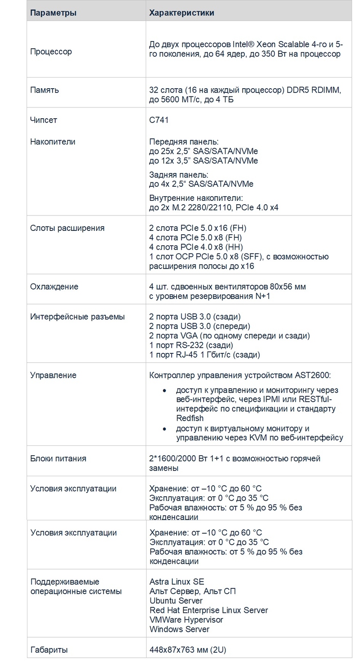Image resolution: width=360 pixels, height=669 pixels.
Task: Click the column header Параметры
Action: click(53, 13)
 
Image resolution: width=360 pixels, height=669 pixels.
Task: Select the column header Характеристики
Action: click(181, 13)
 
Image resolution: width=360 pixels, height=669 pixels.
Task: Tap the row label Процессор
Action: click(51, 52)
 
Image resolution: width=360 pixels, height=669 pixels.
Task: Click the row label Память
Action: click(45, 90)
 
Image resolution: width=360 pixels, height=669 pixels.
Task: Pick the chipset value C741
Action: click(159, 120)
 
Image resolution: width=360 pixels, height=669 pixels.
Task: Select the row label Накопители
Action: click(53, 142)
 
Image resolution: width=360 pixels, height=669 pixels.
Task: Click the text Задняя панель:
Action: click(178, 175)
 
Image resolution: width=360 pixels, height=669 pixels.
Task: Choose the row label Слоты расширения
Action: click(67, 228)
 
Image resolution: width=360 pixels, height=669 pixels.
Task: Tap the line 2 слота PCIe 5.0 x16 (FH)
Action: click(198, 228)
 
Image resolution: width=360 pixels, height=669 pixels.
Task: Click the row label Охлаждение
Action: click(54, 287)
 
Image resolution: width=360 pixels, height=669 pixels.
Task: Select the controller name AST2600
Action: click(312, 376)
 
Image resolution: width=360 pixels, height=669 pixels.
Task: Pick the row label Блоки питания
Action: click(58, 459)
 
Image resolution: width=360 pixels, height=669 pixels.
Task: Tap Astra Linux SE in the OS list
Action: click(177, 582)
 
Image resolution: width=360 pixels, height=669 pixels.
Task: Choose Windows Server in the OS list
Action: click(179, 629)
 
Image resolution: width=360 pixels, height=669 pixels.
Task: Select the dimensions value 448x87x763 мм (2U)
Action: click(187, 650)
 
